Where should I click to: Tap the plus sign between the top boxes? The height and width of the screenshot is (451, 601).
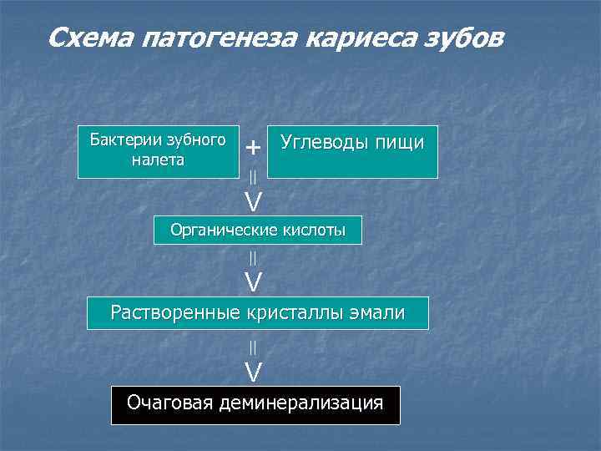click(x=253, y=148)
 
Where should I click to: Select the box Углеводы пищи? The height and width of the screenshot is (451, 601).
click(x=352, y=152)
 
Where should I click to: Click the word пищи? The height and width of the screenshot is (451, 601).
click(x=396, y=143)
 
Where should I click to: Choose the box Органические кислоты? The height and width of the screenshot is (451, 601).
click(x=258, y=230)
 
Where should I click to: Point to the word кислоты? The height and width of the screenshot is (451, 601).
click(x=314, y=230)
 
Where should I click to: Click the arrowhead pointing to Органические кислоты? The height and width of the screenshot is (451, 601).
click(x=253, y=201)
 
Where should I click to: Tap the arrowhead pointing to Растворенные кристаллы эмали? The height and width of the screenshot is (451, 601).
click(x=253, y=282)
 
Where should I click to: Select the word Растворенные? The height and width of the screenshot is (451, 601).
click(x=175, y=313)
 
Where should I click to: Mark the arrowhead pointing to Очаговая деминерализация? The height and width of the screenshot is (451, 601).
click(x=253, y=371)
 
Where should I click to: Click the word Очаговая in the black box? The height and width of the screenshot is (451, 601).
click(x=169, y=403)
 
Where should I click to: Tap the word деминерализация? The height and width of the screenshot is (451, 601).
click(x=300, y=403)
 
